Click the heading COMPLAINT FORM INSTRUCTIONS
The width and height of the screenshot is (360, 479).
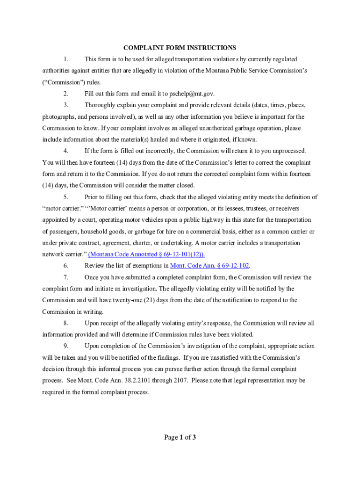pos(180,48)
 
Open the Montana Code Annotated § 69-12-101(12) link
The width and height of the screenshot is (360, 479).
pos(146,254)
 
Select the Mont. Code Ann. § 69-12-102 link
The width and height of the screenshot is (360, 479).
pos(209,266)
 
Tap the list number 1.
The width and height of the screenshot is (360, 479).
pos(66,59)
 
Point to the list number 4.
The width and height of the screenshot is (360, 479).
pos(66,151)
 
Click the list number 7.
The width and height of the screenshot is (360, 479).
pos(66,277)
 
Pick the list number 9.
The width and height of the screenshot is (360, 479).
pos(66,346)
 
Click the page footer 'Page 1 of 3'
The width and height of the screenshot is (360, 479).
pos(180,437)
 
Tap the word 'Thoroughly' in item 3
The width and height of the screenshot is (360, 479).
pos(99,105)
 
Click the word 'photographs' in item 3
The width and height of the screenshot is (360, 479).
pos(58,116)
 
